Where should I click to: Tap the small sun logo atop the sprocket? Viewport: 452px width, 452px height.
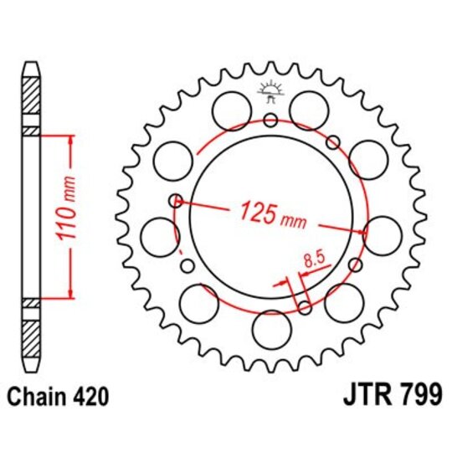(x=270, y=91)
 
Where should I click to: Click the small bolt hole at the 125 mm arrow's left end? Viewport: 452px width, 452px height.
(x=176, y=200)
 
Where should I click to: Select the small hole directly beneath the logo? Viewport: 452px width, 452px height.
(x=270, y=121)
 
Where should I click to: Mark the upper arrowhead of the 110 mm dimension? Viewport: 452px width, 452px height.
(x=69, y=136)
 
